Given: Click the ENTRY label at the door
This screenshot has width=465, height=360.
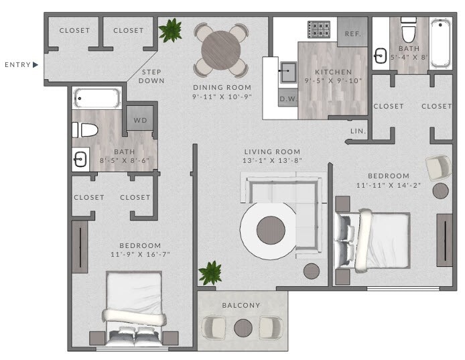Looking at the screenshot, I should pos(18,65).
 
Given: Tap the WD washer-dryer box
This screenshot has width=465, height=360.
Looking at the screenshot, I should pos(141,121).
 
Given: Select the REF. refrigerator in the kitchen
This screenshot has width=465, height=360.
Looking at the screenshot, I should pos(352,34).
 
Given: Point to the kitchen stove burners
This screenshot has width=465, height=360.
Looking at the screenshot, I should pos(318,29).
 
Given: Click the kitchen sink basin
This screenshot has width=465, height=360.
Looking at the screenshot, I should pos(289,70).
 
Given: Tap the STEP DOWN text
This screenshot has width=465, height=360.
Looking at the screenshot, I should pos(150,76).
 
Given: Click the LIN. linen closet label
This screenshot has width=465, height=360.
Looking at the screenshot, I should pos(357,131).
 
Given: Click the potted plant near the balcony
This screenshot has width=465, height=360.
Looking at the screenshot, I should pos(211,272).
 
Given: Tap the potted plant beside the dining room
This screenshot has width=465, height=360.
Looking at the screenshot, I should pos(171,30).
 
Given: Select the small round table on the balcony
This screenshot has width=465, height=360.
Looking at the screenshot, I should pos(243,326).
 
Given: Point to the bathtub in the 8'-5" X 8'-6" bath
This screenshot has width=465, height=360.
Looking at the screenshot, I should pos(96,99).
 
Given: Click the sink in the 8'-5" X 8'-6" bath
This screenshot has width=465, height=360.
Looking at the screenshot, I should pos(80,160).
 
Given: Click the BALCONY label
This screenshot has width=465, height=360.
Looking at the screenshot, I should pos(241,306).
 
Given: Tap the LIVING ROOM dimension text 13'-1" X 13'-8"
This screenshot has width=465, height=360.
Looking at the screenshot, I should pos(271,162).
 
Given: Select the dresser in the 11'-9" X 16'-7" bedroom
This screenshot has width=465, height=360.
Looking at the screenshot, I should pos(80,245).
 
